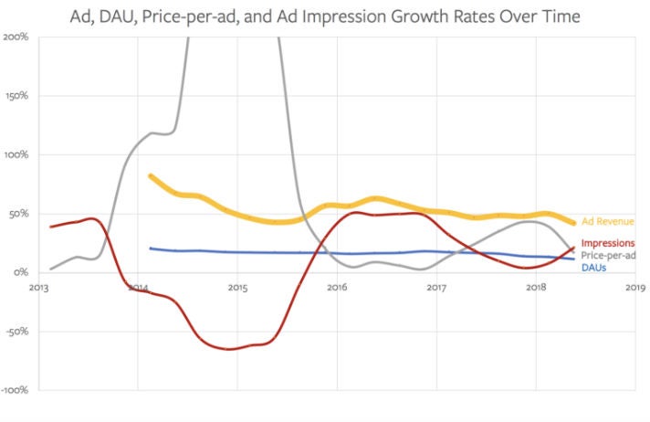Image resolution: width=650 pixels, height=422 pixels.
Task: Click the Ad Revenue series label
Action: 607,222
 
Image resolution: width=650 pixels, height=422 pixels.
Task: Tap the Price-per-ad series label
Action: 608,256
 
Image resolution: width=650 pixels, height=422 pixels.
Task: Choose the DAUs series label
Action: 594,268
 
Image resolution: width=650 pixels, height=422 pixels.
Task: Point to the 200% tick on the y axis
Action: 16,37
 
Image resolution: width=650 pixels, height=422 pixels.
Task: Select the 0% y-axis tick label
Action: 21,273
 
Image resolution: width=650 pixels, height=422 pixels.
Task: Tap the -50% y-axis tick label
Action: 17,332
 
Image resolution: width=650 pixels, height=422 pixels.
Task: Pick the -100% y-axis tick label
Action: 15,391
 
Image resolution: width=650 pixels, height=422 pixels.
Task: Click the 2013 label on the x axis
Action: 38,288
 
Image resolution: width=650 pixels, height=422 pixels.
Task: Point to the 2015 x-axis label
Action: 237,288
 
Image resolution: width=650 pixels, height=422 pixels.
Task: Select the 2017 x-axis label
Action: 435,288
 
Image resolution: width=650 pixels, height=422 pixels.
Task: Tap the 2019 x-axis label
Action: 634,288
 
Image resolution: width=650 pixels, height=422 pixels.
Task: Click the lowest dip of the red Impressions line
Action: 230,349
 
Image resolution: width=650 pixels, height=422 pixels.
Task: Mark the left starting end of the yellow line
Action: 150,176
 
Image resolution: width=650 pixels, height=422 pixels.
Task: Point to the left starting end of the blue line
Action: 150,248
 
